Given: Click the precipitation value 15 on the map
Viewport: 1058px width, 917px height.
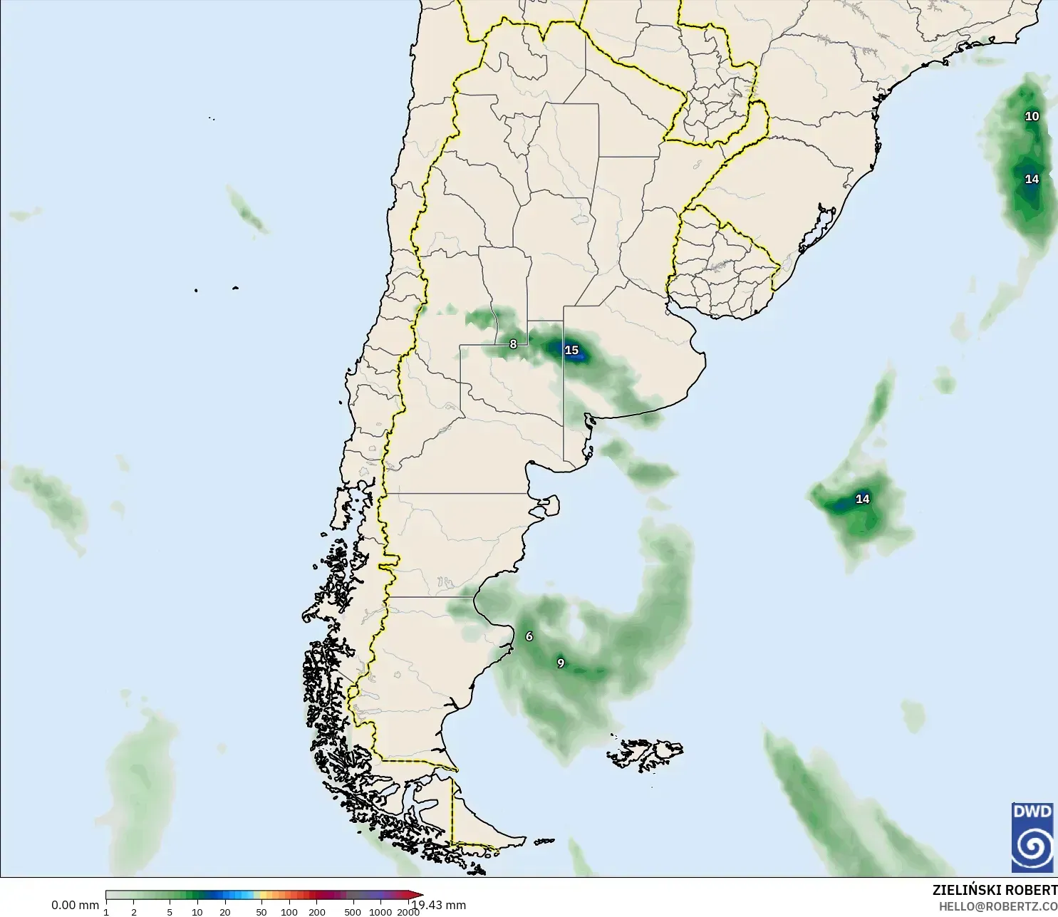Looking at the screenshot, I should click(x=571, y=350).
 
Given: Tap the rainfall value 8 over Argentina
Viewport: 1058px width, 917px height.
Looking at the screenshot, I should click(x=513, y=344).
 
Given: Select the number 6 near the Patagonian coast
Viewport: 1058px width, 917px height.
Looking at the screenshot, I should click(x=529, y=636).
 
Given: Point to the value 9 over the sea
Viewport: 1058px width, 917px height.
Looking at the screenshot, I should click(x=561, y=663).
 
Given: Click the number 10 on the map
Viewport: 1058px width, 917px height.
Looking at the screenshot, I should click(x=1032, y=116).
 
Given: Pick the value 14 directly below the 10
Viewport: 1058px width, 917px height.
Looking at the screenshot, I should click(x=1032, y=179).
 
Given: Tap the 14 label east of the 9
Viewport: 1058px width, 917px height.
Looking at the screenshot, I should click(x=862, y=499).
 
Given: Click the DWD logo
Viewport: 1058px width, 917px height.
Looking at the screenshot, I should click(x=1032, y=836).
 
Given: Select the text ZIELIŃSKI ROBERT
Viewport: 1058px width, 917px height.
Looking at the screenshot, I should click(x=995, y=890).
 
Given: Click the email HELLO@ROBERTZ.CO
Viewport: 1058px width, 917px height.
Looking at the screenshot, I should click(x=997, y=906).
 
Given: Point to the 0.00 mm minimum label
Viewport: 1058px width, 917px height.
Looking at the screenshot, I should click(x=75, y=905).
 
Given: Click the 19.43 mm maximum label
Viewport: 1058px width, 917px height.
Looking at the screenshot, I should click(x=440, y=905).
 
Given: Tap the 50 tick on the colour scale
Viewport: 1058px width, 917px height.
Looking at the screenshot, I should click(x=261, y=911).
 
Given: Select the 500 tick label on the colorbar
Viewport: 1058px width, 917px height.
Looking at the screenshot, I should click(x=353, y=911).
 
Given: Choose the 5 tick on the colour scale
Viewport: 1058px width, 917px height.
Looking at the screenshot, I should click(x=170, y=911).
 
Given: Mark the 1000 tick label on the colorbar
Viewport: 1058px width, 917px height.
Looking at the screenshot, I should click(x=380, y=911).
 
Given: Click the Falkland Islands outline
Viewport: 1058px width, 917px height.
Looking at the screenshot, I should click(x=645, y=754).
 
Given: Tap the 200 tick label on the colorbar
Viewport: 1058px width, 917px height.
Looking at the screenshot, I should click(x=317, y=911).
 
